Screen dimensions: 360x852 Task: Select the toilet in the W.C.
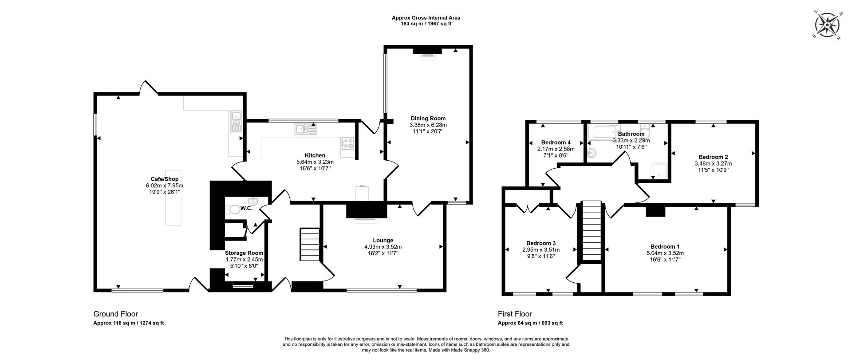coord(233,209)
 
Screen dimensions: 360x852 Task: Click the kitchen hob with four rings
coord(348,143)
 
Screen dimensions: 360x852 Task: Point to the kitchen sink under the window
coord(305,130)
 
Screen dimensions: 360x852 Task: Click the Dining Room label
coord(428,118)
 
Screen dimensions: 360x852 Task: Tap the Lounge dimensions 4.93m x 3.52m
coord(383,247)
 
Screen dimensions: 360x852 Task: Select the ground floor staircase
coord(310,245)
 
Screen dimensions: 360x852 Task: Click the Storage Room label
coord(244,253)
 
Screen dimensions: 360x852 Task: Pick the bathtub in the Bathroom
coord(603,132)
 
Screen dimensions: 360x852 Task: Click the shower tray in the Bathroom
coord(659,170)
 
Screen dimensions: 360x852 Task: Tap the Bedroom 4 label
coord(556,142)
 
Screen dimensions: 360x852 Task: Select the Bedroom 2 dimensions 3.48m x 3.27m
coord(713,163)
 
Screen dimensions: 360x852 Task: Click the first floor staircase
coord(591,231)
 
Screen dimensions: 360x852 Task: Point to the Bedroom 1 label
coord(665,247)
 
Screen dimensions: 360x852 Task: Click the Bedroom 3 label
coord(541,243)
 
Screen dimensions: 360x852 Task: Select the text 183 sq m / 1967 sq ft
coord(426,24)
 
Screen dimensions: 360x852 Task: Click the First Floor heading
coord(514,314)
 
